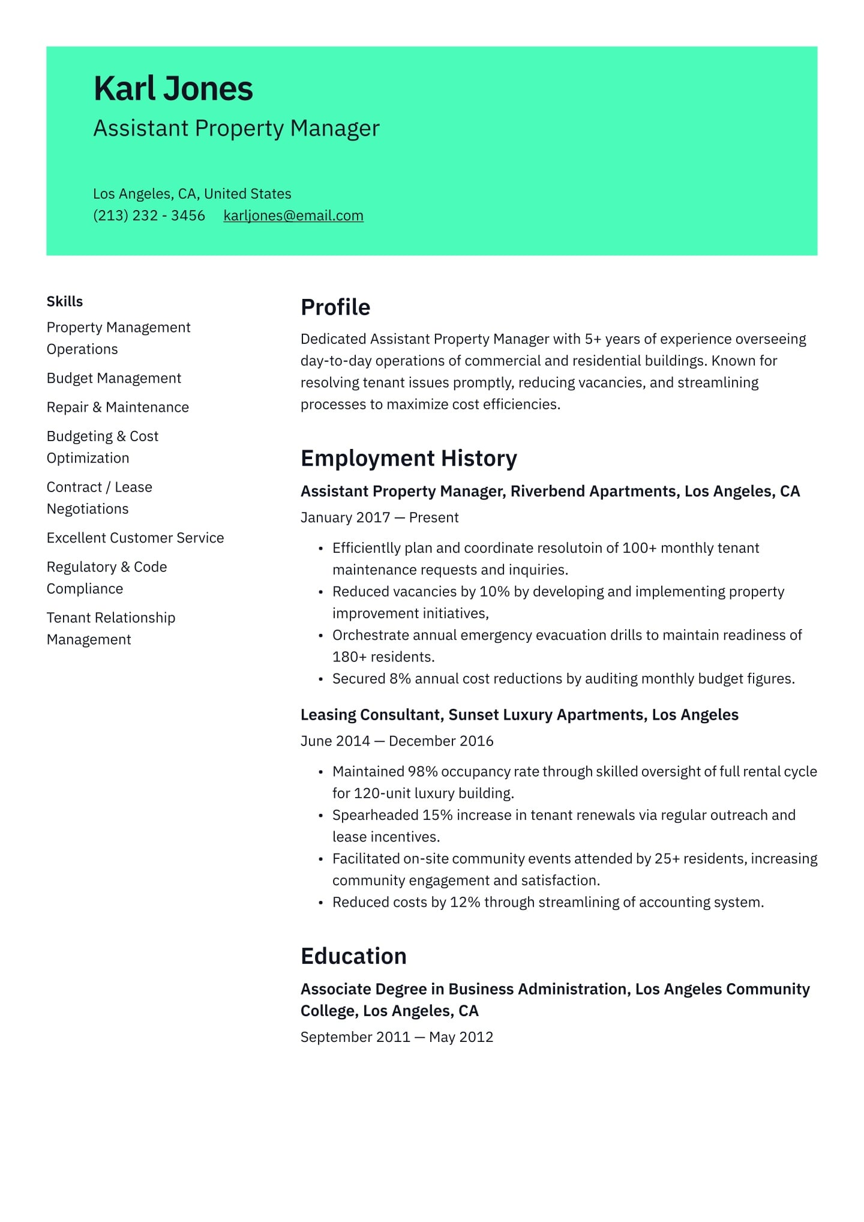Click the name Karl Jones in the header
173,89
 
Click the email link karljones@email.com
293,215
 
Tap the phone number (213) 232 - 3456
149,215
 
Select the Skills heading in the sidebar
65,301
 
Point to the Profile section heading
335,307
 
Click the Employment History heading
409,459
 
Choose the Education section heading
353,956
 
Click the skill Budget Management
114,378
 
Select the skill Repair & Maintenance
118,407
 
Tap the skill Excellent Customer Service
135,538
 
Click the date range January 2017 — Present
379,517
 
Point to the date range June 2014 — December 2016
397,741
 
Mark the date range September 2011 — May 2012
397,1037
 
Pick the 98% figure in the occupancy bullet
422,771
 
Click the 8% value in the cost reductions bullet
400,679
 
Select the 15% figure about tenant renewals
437,815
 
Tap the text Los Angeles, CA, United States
192,194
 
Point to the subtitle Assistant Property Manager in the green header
236,128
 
